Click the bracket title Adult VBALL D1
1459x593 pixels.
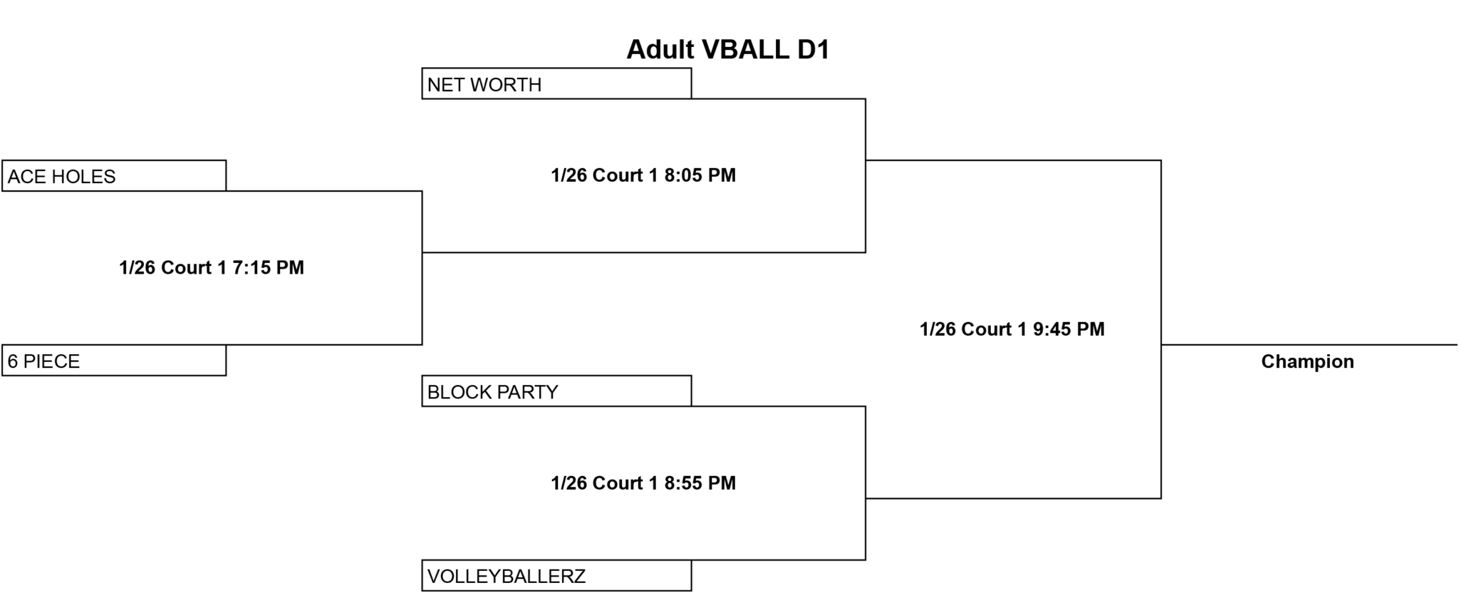728,49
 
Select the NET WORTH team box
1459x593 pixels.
556,83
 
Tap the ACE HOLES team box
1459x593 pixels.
114,176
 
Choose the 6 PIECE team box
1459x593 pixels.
114,361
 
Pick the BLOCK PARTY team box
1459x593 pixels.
556,391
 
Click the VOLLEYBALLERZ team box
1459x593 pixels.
556,576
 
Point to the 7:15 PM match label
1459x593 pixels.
212,267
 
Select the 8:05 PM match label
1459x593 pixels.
643,175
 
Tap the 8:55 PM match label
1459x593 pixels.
643,483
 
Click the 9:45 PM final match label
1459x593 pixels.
1012,329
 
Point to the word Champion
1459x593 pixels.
1307,361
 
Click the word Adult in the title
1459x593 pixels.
660,49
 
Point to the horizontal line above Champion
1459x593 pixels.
1309,345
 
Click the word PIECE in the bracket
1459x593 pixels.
52,361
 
